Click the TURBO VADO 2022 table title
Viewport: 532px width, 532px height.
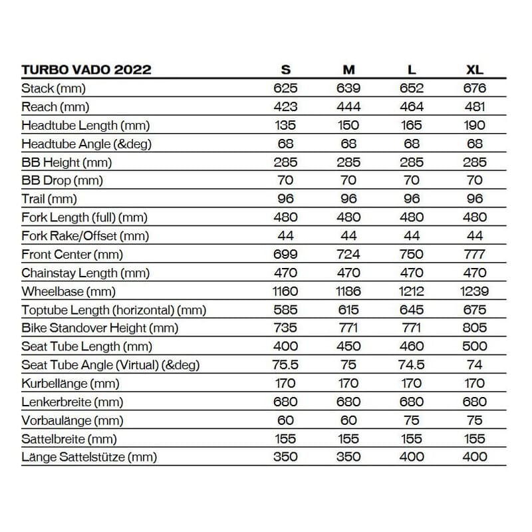86,70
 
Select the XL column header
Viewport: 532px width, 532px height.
475,70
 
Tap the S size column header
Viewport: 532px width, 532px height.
285,70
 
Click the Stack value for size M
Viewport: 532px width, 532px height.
348,88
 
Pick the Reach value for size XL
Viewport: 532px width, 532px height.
475,106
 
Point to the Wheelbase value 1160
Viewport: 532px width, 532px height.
285,291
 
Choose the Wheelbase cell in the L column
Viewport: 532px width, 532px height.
412,291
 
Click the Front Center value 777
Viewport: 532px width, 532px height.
475,254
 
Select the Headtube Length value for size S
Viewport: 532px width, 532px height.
285,125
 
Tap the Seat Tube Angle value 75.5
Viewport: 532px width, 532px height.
285,365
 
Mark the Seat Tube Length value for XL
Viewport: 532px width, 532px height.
475,346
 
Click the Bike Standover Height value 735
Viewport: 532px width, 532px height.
285,328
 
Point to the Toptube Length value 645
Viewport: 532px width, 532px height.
412,309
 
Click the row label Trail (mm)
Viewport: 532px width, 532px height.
49,199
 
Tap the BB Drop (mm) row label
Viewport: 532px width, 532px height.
63,180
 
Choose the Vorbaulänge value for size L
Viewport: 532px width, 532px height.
412,420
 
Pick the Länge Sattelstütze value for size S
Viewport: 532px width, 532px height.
285,457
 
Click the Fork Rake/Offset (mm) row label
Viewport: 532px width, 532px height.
85,236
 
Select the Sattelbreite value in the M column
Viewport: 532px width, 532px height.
348,439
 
